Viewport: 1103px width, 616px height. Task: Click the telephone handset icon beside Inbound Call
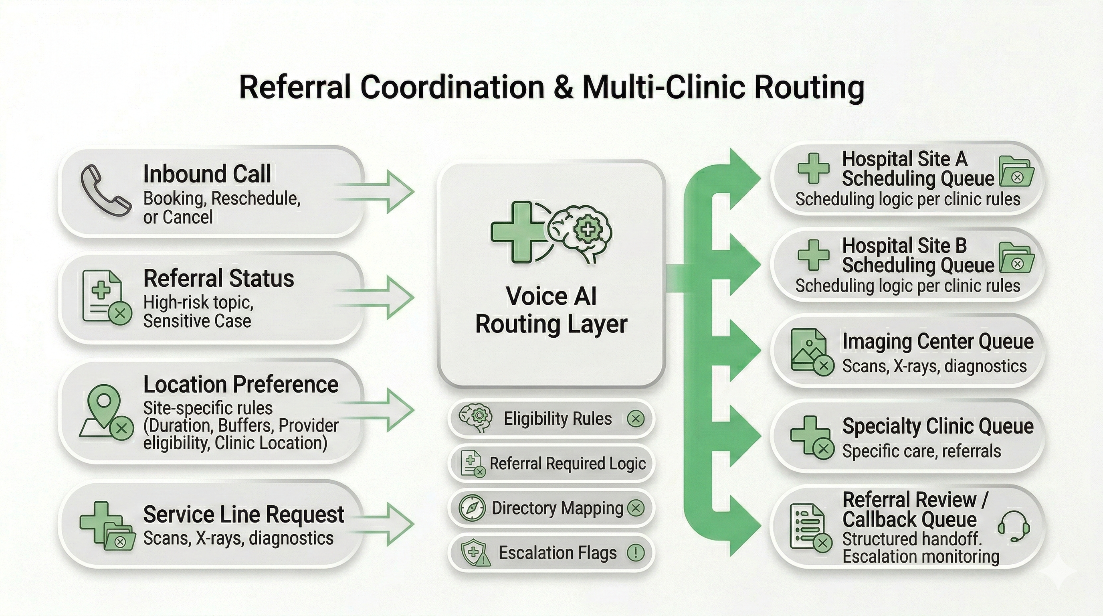pos(105,190)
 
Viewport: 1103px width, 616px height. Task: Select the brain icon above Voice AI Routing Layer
pos(580,233)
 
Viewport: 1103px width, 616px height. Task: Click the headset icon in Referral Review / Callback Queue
pos(1014,527)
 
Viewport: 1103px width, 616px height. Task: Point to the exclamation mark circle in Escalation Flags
pos(635,553)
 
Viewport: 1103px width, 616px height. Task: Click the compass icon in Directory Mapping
pos(472,508)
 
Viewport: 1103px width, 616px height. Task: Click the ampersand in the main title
pos(562,87)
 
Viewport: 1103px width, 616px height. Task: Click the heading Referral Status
pos(218,278)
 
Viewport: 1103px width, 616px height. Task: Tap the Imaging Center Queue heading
pos(938,341)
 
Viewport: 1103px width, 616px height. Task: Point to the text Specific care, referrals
pos(921,451)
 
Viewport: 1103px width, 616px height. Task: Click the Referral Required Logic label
pos(568,464)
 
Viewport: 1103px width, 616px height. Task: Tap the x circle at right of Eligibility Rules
pos(635,419)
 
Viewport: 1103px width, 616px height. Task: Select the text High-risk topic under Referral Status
pos(198,302)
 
